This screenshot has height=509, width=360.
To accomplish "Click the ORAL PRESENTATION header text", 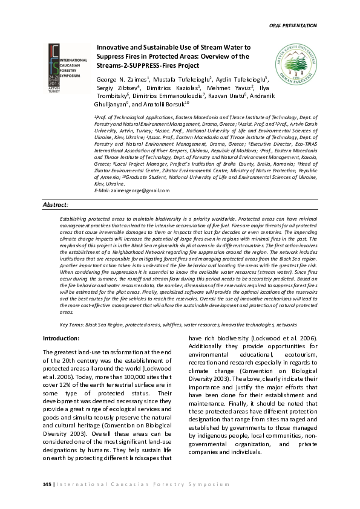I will click(x=292, y=25).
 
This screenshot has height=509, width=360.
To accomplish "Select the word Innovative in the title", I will click(x=114, y=47).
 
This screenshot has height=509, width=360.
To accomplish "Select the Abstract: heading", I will click(x=56, y=206).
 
